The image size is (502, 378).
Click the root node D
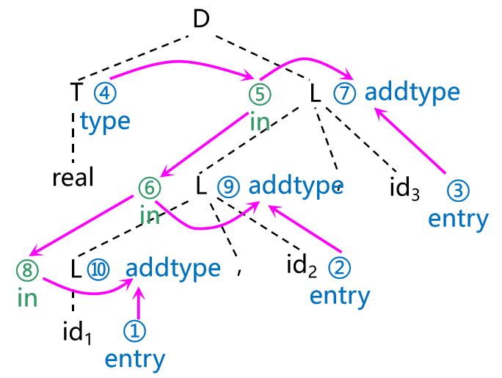(201, 19)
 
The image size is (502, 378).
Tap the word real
(73, 178)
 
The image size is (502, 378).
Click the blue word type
(105, 121)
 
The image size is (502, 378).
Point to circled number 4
(102, 93)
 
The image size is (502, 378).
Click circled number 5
(260, 94)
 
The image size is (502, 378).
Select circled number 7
(343, 93)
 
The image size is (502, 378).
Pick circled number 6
(149, 188)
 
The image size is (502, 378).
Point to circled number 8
(27, 270)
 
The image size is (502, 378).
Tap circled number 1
(134, 332)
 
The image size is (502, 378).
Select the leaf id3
(404, 188)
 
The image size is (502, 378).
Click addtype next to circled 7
(412, 92)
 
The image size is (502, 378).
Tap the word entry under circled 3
(458, 219)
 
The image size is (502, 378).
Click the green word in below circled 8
(26, 298)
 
